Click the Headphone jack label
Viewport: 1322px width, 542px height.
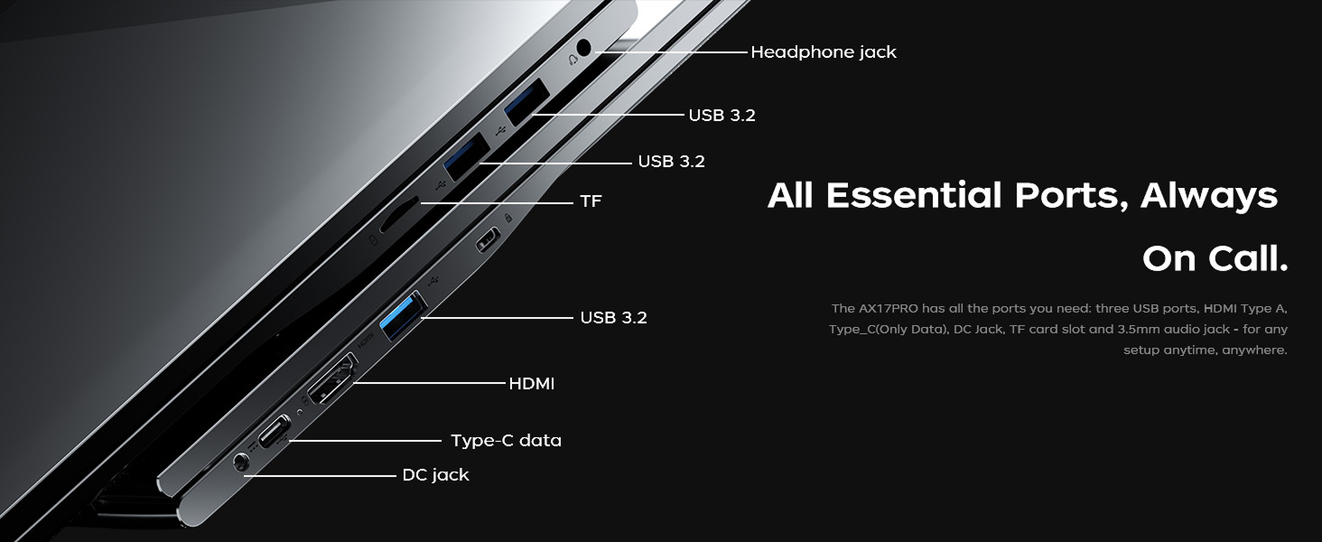coord(824,52)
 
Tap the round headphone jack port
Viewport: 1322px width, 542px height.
coord(583,47)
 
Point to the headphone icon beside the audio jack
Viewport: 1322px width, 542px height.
coord(572,59)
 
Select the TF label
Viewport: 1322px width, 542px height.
coord(591,201)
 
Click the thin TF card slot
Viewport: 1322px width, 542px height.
coord(399,214)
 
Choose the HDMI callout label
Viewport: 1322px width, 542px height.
coord(532,384)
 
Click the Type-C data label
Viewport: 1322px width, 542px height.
coord(506,441)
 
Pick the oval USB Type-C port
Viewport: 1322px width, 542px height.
coord(275,432)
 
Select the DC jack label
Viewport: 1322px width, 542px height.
coord(435,475)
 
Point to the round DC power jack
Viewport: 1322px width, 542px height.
coord(241,462)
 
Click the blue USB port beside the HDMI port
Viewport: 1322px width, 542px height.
coord(403,315)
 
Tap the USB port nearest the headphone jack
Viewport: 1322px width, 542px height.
coord(527,101)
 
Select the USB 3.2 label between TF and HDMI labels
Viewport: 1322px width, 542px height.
coord(614,318)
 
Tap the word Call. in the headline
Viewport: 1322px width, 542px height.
coord(1246,258)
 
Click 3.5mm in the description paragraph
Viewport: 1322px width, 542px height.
coord(1139,330)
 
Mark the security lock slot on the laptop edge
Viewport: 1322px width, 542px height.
coord(489,240)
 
